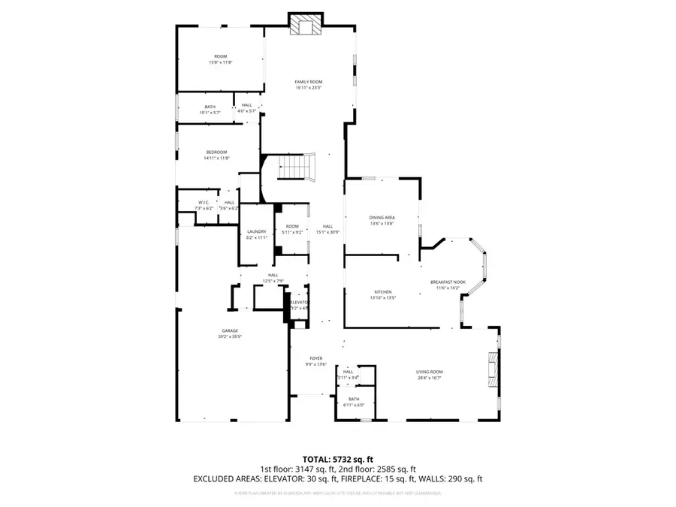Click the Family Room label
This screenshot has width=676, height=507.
308,81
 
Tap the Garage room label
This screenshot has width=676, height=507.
230,330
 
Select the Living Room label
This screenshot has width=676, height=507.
430,372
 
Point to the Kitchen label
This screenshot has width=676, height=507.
383,291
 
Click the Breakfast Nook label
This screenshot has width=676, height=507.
448,282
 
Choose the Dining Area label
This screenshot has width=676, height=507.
382,217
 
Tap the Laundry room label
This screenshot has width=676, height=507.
257,231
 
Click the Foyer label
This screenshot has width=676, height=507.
316,358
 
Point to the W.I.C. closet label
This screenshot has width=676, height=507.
204,202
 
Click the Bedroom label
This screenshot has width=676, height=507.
216,152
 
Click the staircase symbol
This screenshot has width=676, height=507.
295,166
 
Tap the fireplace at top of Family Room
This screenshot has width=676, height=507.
305,26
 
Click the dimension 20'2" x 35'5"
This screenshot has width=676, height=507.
230,336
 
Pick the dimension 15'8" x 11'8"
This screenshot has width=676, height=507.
221,62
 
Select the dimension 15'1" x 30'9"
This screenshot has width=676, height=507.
328,232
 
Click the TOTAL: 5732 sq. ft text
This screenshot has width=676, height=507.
338,458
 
